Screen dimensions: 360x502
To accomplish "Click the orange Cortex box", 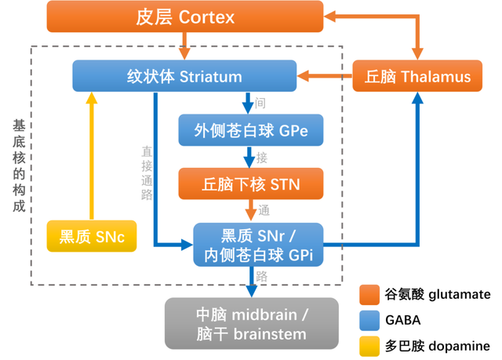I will [x=185, y=16].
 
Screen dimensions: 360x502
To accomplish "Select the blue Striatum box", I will [x=184, y=77].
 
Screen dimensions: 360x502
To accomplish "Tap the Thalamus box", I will [x=417, y=77].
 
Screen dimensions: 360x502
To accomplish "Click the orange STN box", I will [x=250, y=185].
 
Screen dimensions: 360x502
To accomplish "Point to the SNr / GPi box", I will [x=258, y=245].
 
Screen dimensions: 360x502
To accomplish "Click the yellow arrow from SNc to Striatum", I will [x=92, y=157].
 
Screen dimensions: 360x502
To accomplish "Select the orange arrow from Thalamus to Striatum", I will [x=323, y=77].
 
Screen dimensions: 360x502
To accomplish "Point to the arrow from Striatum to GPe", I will [x=248, y=103].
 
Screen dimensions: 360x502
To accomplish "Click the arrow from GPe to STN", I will [x=249, y=158].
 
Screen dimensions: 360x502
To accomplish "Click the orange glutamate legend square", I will [x=369, y=295].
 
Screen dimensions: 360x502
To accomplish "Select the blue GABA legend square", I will [x=369, y=320].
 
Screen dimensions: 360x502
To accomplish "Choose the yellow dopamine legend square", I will [x=369, y=345].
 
